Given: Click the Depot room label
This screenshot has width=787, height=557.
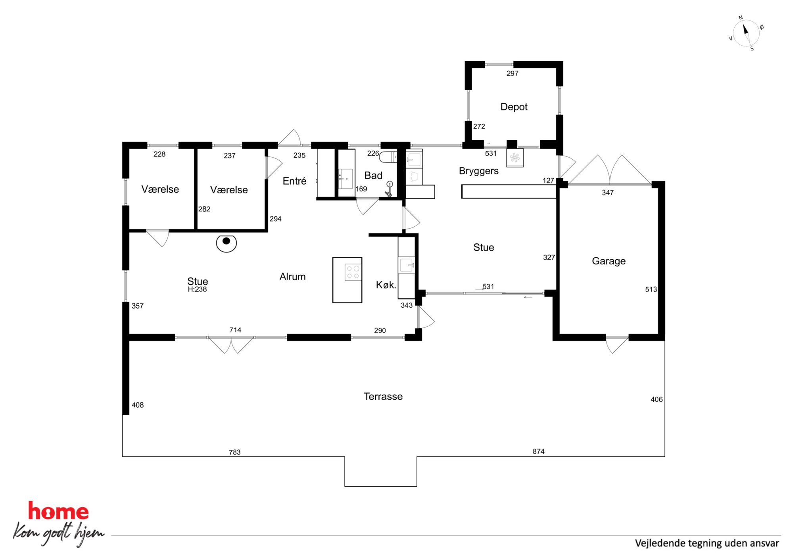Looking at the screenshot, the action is coord(514,107).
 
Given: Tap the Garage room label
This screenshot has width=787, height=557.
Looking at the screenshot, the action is coord(608,261).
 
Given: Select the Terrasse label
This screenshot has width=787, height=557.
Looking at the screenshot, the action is coord(383,396).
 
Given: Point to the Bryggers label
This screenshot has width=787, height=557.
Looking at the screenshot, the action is coord(478,171).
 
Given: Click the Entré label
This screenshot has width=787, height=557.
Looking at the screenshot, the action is coord(294,181).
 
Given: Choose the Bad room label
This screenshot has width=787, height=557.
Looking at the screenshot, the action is coord(373,175).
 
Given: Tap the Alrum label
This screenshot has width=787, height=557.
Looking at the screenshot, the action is coord(292,277).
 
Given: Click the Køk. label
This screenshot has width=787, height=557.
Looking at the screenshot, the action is coord(386,285).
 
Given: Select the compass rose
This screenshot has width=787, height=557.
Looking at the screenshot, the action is coord(746,33).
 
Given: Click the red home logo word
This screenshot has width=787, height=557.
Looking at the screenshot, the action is coord(58,511).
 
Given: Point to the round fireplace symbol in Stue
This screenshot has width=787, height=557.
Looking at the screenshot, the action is coord(226,243).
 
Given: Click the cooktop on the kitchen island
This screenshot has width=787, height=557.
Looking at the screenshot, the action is coord(353,272).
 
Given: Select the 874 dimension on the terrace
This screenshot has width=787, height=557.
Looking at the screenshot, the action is coord(538,451).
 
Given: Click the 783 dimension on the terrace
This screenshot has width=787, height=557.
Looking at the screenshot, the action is coord(234,452).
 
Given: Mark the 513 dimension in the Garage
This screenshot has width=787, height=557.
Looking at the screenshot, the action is coord(651,289).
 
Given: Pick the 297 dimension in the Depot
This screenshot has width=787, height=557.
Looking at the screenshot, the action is coord(512,73).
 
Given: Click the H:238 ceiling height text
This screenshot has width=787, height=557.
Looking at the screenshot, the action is coord(197,289).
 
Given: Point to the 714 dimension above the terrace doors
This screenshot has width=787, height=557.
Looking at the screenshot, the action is coord(235,330).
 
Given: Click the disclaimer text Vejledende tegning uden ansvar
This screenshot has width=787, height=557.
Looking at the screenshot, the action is coord(707,543).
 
